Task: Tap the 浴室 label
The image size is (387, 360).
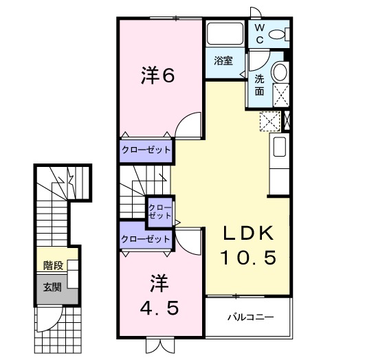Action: (x=223, y=60)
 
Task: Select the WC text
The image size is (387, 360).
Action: (x=260, y=33)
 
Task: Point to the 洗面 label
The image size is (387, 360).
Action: (x=259, y=85)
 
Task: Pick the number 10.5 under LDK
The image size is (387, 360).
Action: (x=248, y=258)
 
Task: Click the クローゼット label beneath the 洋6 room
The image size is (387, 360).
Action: (x=146, y=149)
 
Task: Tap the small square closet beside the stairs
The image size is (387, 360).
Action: (x=159, y=210)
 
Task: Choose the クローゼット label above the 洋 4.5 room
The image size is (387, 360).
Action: (x=146, y=239)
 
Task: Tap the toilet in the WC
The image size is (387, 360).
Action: (x=279, y=34)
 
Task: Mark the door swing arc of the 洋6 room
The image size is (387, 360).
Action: (x=187, y=127)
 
